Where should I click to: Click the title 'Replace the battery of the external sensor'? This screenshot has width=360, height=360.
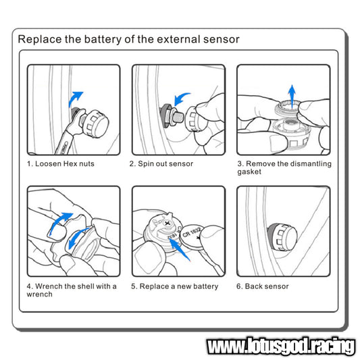pyautogui.click(x=128, y=39)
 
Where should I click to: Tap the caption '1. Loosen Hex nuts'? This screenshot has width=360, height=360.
pyautogui.click(x=61, y=163)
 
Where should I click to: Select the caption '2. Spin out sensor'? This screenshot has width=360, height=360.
pyautogui.click(x=161, y=163)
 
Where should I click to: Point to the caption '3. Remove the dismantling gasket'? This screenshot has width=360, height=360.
pyautogui.click(x=284, y=168)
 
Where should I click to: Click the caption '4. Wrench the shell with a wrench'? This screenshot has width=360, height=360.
pyautogui.click(x=72, y=290)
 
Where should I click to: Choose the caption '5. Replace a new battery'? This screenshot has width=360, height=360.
pyautogui.click(x=175, y=286)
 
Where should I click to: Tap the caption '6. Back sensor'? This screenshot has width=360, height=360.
pyautogui.click(x=263, y=286)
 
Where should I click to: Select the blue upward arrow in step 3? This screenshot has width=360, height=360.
pyautogui.click(x=292, y=97)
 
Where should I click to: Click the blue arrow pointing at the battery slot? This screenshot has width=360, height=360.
pyautogui.click(x=180, y=249)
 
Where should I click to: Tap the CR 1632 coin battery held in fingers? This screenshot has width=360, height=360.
pyautogui.click(x=191, y=237)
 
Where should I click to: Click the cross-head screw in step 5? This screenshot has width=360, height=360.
pyautogui.click(x=167, y=223)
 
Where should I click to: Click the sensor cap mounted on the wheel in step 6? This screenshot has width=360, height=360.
pyautogui.click(x=282, y=236)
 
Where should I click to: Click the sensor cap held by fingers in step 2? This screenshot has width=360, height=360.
pyautogui.click(x=193, y=119)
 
